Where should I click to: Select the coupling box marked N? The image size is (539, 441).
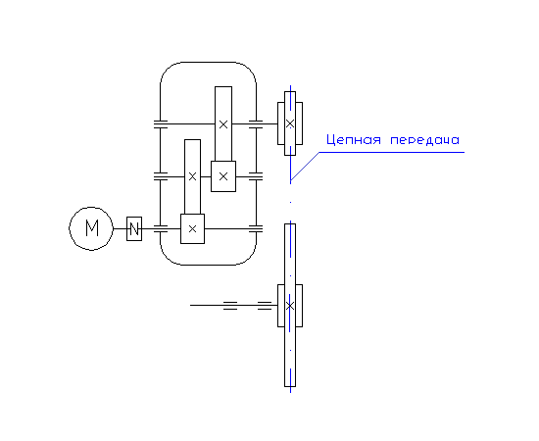(x=134, y=228)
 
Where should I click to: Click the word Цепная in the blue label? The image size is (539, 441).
(x=354, y=140)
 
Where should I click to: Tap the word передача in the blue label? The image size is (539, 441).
(x=425, y=140)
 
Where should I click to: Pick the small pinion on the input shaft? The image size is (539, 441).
(x=192, y=228)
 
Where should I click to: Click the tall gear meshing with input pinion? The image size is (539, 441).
(x=192, y=176)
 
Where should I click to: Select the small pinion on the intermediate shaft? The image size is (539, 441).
(x=223, y=176)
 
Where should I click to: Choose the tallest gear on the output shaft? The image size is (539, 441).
(x=223, y=123)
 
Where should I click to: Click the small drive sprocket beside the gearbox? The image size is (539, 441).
(x=290, y=123)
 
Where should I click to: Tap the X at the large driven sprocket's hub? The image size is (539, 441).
(x=290, y=305)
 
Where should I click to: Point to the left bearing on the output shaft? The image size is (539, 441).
(x=160, y=123)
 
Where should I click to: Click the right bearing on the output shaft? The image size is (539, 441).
(x=256, y=123)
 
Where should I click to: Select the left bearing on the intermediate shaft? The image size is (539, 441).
(x=160, y=176)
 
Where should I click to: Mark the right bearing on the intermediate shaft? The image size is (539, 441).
(x=256, y=176)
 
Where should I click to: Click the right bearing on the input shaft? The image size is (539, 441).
(x=256, y=228)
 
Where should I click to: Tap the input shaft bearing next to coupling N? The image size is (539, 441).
(x=160, y=228)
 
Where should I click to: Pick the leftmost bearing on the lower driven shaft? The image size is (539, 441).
(x=230, y=305)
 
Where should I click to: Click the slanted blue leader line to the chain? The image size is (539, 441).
(x=305, y=166)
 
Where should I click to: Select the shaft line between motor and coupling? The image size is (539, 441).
(x=120, y=228)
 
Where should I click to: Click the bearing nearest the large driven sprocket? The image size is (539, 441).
(x=265, y=305)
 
